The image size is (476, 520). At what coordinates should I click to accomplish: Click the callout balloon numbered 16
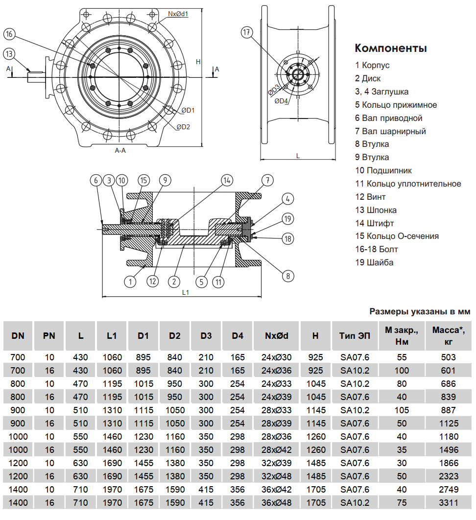pyautogui.click(x=9, y=34)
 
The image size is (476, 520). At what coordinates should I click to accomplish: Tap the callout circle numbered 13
pyautogui.click(x=9, y=53)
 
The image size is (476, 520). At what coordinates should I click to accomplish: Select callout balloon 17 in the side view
pyautogui.click(x=247, y=33)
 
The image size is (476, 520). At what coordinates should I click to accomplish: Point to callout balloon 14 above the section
pyautogui.click(x=226, y=180)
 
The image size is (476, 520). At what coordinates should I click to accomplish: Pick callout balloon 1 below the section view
pyautogui.click(x=130, y=282)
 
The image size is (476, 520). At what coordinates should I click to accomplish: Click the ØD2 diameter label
pyautogui.click(x=183, y=127)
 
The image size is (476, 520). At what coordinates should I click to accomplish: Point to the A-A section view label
pyautogui.click(x=120, y=151)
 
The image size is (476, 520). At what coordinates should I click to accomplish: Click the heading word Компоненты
pyautogui.click(x=391, y=48)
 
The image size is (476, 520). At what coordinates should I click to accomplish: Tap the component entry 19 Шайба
pyautogui.click(x=374, y=262)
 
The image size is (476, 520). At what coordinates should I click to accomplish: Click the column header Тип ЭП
pyautogui.click(x=355, y=336)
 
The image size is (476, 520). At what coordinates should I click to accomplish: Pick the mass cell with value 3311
pyautogui.click(x=448, y=502)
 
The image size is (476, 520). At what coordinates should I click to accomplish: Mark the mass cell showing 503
pyautogui.click(x=448, y=357)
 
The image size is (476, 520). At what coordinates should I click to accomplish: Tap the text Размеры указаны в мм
pyautogui.click(x=419, y=311)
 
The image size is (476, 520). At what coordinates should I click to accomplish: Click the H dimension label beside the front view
pyautogui.click(x=198, y=62)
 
